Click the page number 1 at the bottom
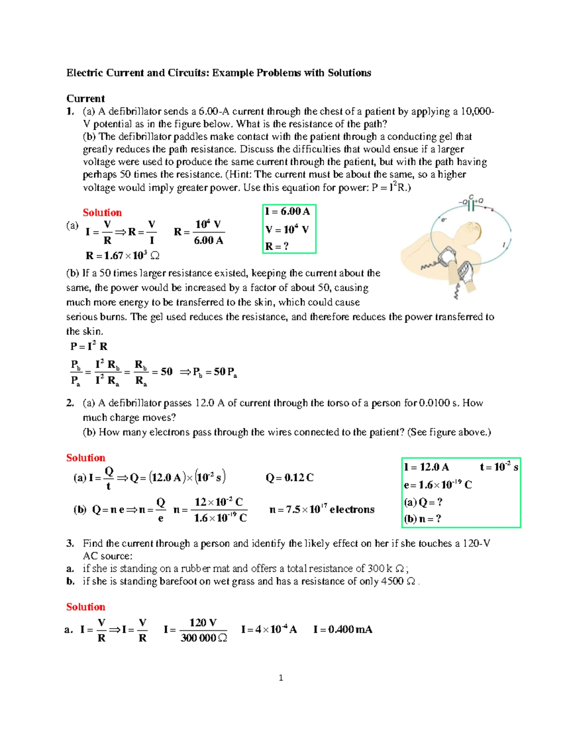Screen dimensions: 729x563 tap(281, 677)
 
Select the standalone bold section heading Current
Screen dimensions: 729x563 tap(85, 99)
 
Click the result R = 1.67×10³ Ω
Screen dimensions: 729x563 tap(122, 256)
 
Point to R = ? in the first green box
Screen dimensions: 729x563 tap(277, 246)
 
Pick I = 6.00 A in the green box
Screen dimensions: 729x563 tap(287, 211)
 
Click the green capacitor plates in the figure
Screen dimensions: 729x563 tap(471, 206)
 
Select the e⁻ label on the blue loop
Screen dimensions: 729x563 tap(443, 219)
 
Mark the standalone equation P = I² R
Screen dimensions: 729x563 tap(89, 346)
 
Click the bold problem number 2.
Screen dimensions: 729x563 tap(70, 403)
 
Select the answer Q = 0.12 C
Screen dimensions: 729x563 tap(289, 478)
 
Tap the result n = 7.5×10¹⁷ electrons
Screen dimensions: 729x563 tap(322, 509)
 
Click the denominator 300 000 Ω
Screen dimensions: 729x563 tap(204, 638)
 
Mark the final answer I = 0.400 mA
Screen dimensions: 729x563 tap(342, 629)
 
